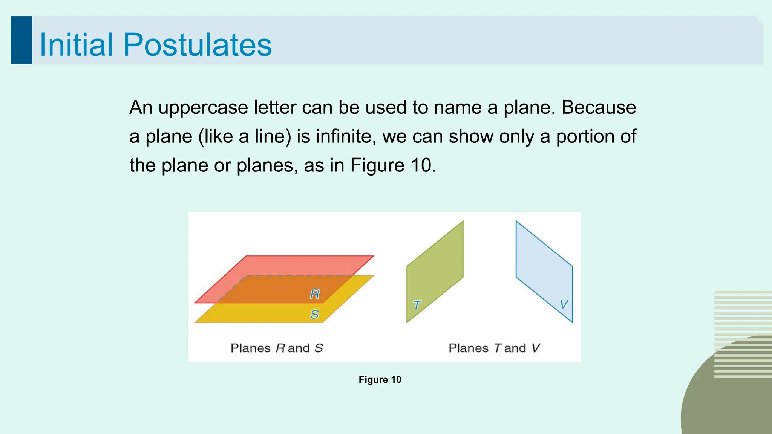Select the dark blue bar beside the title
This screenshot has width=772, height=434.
coord(21,40)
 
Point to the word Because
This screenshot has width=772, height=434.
coord(599,107)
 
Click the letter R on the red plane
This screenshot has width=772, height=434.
coord(315,294)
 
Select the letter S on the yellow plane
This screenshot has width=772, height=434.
coord(314,314)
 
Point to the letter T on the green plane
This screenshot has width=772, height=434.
coord(417,305)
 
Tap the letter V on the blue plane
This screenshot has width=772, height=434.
coord(564,304)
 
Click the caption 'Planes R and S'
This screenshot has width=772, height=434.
coord(277,348)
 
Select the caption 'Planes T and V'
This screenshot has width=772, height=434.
coord(494,348)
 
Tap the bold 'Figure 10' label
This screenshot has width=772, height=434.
coord(380,380)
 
